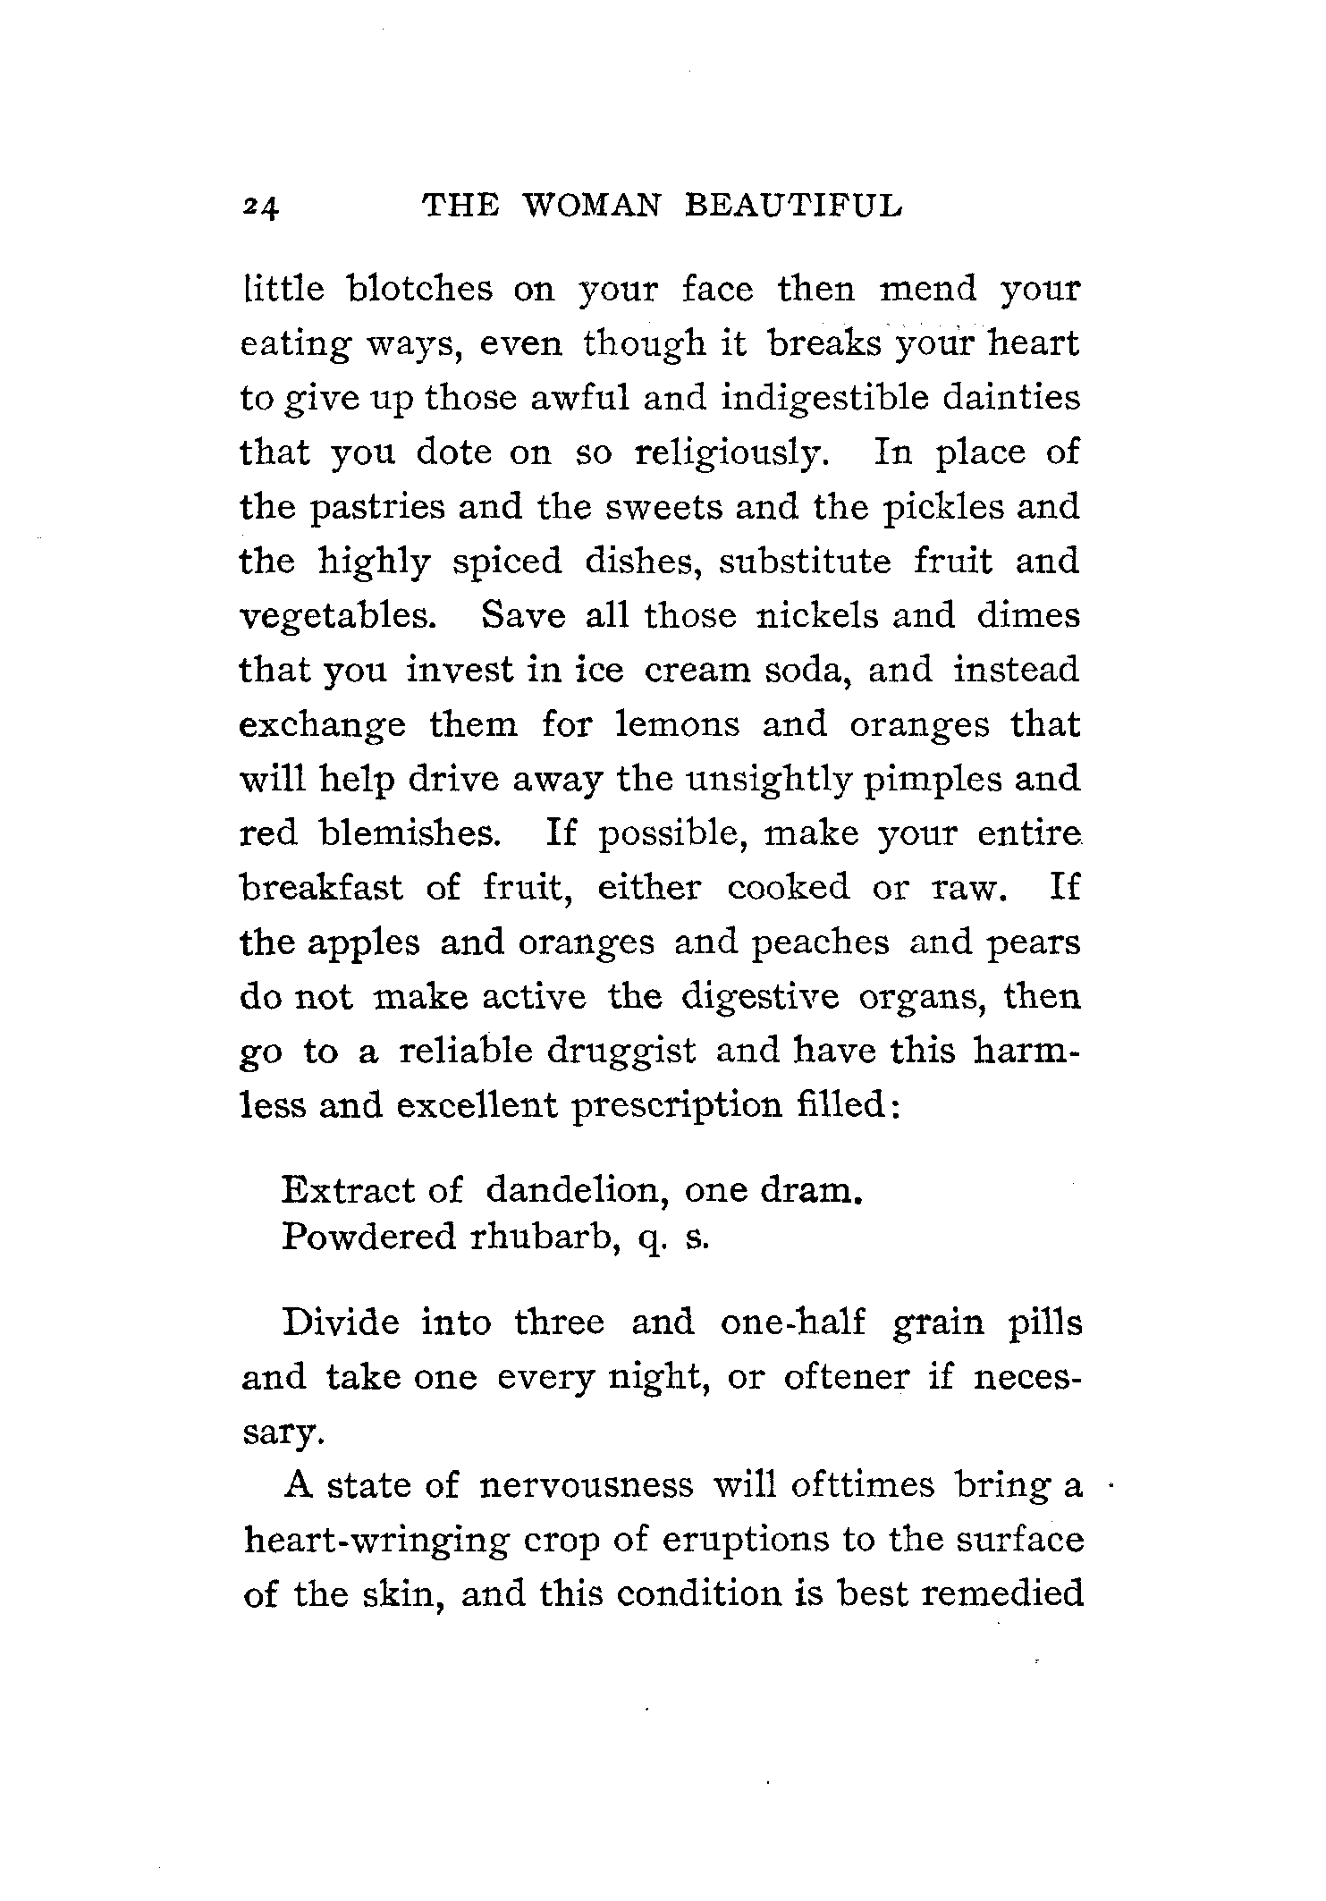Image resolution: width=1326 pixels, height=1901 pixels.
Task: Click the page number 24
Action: pyautogui.click(x=260, y=208)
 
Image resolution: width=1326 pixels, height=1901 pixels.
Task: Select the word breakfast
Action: pyautogui.click(x=323, y=888)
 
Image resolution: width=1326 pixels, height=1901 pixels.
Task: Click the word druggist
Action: pyautogui.click(x=621, y=1051)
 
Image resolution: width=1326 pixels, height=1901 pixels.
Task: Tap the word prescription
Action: pyautogui.click(x=676, y=1106)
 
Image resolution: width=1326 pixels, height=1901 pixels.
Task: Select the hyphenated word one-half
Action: pyautogui.click(x=792, y=1322)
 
